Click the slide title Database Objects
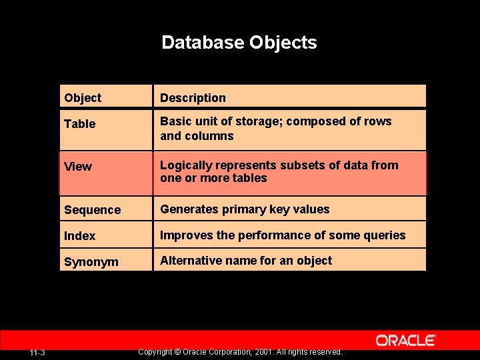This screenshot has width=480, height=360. coord(239,43)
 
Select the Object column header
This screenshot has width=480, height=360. coord(83,98)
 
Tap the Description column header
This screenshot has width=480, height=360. coord(193,98)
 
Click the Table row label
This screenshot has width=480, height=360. coord(80,124)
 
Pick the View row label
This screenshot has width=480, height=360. coord(78,167)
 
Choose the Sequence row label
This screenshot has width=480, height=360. coord(93,210)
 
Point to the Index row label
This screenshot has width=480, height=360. coord(80,236)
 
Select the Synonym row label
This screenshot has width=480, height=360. coord(91,262)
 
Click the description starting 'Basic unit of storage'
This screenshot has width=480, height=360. coord(275,129)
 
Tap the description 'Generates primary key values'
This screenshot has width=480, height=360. coord(245,209)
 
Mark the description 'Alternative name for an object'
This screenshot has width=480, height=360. coord(246,261)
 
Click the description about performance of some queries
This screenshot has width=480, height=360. coord(283,235)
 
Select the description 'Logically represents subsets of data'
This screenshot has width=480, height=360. coord(279,171)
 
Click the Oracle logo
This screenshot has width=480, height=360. coord(406,341)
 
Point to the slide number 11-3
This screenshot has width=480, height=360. coord(37,352)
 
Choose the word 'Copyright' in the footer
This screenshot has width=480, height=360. coord(155,352)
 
